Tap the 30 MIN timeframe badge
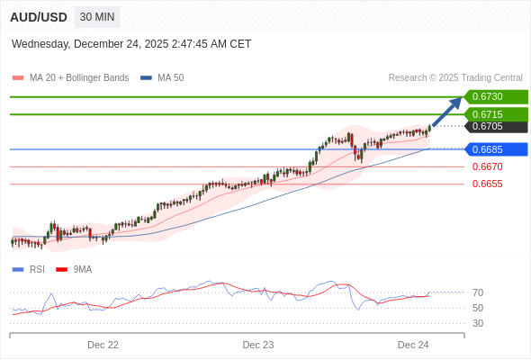coord(96,17)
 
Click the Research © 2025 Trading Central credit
coord(455,78)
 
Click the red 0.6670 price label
coord(487,166)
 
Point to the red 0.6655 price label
coord(487,184)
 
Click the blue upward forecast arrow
coord(447,112)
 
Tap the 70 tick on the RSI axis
coord(477,292)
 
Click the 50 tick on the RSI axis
coord(477,308)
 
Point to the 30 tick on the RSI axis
coord(477,323)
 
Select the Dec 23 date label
coord(258,345)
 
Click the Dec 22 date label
coord(103,345)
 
